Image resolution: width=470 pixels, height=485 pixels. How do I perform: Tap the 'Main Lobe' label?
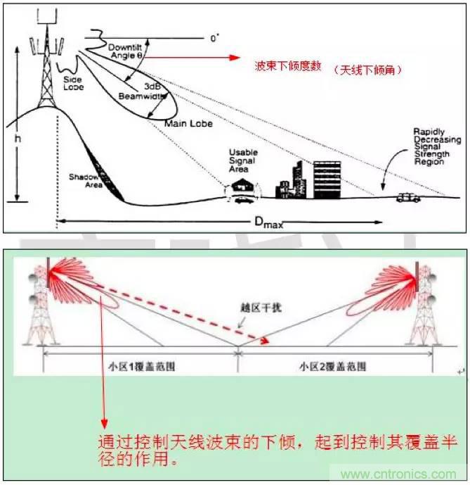[188, 123]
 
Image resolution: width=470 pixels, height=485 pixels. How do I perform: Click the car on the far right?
[407, 198]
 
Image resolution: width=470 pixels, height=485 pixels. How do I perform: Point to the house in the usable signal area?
[242, 187]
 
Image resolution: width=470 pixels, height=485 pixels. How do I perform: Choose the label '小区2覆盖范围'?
[329, 365]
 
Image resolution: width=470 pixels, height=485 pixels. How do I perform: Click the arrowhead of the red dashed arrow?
[266, 341]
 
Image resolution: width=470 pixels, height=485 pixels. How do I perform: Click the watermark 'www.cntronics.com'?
[396, 474]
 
